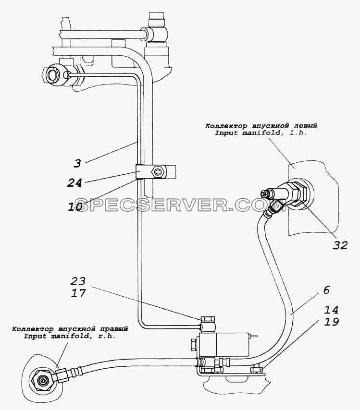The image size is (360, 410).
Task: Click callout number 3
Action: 77,163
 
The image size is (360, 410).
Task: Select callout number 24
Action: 74,182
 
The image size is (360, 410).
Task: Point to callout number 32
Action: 340,245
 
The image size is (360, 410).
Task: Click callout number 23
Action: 78,281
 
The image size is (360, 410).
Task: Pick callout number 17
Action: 78,293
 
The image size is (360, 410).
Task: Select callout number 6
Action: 326,290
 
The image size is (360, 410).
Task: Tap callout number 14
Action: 331,310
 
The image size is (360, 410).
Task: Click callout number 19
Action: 331,322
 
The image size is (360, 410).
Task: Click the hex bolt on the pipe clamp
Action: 158,172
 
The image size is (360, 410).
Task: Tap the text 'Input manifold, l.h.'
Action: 261,133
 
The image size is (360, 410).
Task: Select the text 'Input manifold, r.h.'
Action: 70,336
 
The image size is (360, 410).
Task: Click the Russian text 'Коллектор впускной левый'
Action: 261,126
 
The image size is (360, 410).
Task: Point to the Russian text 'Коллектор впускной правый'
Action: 70,329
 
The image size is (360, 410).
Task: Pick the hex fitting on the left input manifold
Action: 301,193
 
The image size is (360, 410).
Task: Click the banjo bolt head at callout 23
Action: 208,319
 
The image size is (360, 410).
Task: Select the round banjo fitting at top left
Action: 54,75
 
